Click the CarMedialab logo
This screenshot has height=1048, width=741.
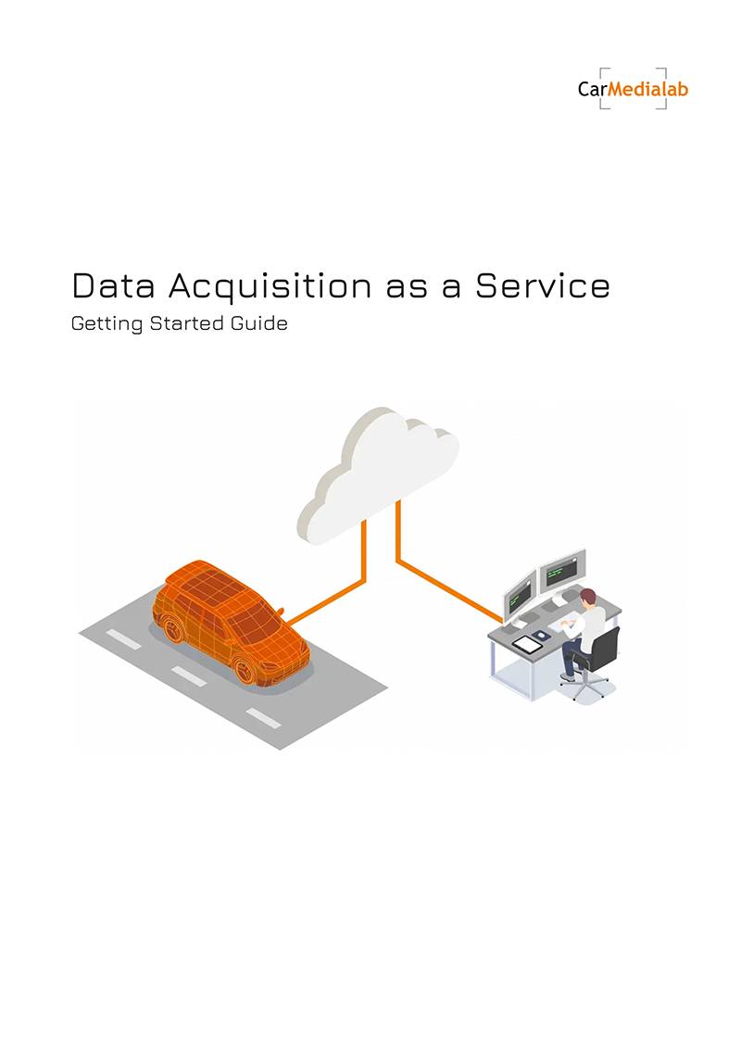tap(633, 88)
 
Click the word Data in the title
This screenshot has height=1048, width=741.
tap(113, 285)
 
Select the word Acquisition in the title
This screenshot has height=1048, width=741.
tap(270, 286)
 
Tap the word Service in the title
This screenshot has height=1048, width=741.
tap(543, 285)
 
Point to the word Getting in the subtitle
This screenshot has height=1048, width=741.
tap(107, 324)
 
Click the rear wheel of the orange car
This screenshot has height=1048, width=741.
tap(173, 629)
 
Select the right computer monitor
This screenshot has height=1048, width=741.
tap(562, 570)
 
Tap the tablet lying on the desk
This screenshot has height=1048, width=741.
tap(528, 644)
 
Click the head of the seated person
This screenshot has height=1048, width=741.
tap(586, 597)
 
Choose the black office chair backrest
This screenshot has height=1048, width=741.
tap(604, 649)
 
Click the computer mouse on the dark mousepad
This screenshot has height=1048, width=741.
tap(541, 635)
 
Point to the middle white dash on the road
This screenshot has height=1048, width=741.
tap(189, 676)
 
